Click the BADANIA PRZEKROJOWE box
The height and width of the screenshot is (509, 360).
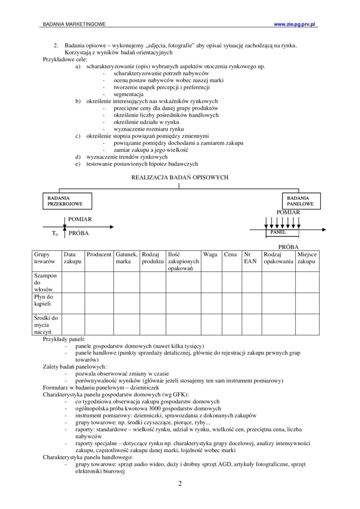(68, 201)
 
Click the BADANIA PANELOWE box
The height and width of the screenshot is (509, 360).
(301, 201)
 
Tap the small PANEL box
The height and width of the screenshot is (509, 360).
(282, 232)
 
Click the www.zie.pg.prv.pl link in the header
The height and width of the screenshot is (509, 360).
(295, 24)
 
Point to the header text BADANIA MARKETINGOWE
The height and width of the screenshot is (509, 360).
(74, 24)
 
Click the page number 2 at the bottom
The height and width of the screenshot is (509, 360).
(180, 483)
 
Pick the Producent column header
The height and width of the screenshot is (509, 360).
(99, 254)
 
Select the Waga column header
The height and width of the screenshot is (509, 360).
(210, 254)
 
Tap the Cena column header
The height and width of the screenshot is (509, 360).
(231, 254)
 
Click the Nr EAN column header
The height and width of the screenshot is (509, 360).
(250, 258)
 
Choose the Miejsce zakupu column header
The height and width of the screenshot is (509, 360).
(307, 258)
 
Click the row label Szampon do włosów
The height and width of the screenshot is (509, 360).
(45, 282)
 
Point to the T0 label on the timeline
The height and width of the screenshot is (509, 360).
(54, 234)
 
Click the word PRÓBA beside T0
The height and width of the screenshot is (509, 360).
(79, 233)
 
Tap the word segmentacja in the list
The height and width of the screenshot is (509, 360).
(128, 94)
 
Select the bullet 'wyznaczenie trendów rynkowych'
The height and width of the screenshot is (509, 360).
(126, 157)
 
